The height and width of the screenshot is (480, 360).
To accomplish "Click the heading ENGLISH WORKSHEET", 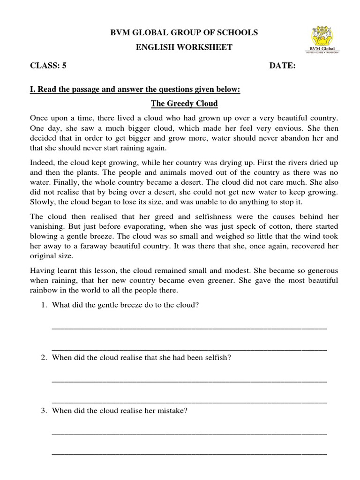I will click(184, 48).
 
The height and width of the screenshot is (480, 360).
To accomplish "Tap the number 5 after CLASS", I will click(64, 66).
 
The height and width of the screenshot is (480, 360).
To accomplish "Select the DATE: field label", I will click(282, 66).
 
